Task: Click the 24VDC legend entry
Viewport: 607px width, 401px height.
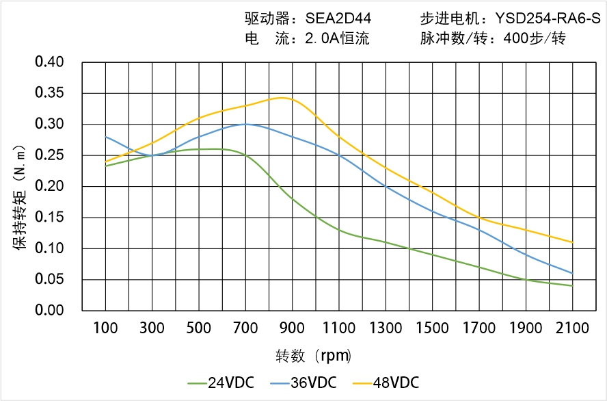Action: (x=220, y=383)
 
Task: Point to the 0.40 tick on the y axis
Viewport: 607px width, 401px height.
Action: (x=49, y=62)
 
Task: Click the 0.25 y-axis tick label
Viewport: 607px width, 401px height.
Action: (x=49, y=155)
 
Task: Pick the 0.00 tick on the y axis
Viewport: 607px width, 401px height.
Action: (x=49, y=311)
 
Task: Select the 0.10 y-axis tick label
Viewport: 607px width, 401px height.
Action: (x=49, y=248)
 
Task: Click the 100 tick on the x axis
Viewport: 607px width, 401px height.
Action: (x=105, y=328)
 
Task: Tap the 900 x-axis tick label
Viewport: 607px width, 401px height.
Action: (x=292, y=328)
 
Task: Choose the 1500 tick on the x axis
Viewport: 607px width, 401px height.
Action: (x=432, y=328)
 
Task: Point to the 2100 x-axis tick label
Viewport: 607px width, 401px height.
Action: (x=572, y=328)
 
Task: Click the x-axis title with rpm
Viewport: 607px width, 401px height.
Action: (x=314, y=356)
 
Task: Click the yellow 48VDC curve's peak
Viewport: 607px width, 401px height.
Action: (x=282, y=98)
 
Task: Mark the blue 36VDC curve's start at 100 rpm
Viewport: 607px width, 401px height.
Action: (x=106, y=137)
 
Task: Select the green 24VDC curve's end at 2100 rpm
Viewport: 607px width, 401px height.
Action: (x=572, y=285)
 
